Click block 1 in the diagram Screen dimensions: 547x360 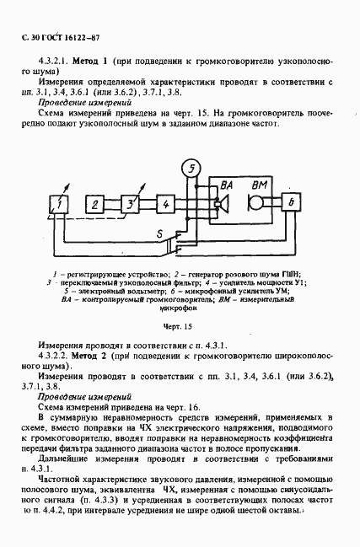click(59, 204)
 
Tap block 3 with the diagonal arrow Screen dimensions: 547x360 click(130, 205)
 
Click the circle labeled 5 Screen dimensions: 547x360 click(193, 169)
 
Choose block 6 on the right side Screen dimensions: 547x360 click(290, 204)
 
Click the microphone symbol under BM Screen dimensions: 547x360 click(254, 204)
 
